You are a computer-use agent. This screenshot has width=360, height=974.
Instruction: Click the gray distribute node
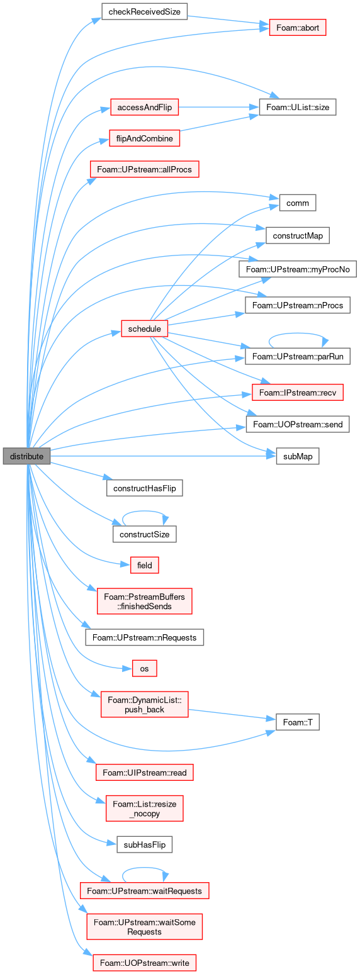click(x=26, y=456)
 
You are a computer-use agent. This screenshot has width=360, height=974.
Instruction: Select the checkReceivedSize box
click(x=144, y=12)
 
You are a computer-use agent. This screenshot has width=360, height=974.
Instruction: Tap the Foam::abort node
click(x=298, y=28)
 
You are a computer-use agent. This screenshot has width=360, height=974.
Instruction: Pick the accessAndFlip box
click(x=144, y=108)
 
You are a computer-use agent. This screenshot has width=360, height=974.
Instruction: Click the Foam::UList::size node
click(x=298, y=108)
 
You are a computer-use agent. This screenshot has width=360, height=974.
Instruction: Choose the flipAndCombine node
click(x=144, y=138)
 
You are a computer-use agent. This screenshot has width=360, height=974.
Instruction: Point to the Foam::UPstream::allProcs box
click(x=144, y=169)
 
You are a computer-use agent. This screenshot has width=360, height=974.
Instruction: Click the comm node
click(x=298, y=203)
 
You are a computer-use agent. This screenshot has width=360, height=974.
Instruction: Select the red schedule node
click(x=144, y=328)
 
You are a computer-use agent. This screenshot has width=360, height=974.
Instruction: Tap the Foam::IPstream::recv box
click(x=298, y=393)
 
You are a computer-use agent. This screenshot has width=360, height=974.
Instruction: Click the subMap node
click(x=298, y=456)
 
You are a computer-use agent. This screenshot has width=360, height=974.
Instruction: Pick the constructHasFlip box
click(x=144, y=488)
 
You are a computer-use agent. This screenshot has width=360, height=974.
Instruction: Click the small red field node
click(x=144, y=565)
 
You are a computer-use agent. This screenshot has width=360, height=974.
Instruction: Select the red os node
click(x=144, y=669)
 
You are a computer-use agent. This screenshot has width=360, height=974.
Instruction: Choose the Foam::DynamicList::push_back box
click(x=144, y=705)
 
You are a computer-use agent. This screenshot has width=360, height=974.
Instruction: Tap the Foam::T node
click(x=298, y=722)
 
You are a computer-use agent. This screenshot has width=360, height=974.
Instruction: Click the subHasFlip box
click(x=144, y=845)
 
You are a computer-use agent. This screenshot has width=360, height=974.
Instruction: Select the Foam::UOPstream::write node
click(x=144, y=963)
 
